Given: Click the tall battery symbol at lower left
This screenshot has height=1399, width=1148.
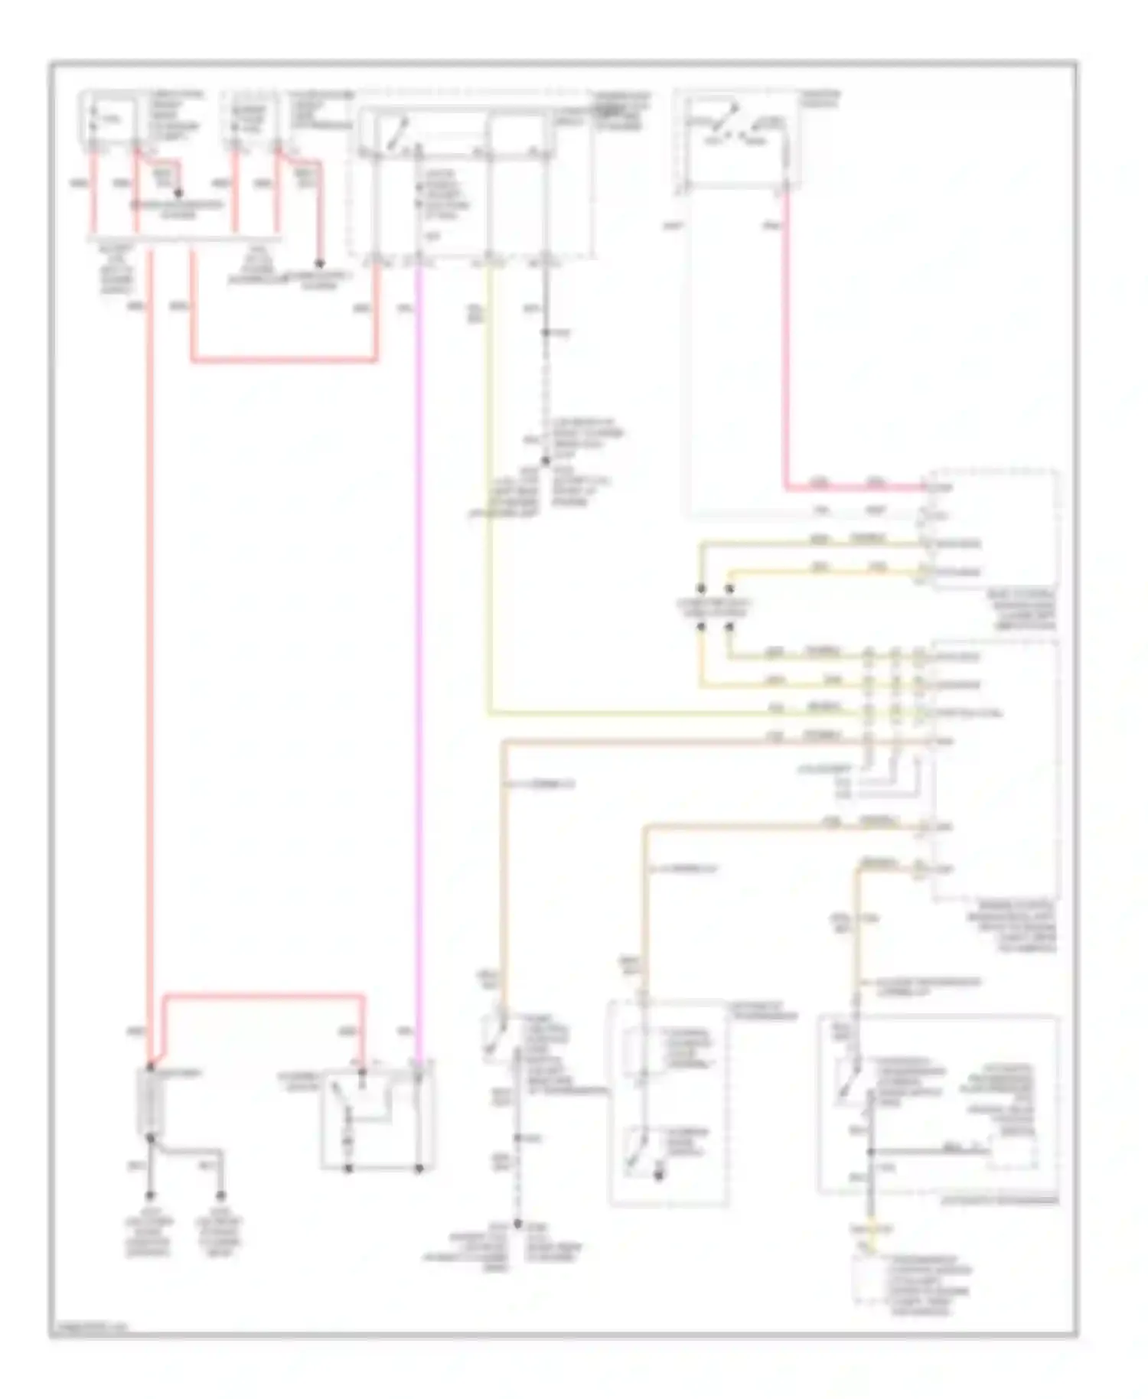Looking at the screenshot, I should [148, 1101].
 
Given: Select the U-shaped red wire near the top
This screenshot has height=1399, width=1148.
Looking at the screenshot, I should [283, 359].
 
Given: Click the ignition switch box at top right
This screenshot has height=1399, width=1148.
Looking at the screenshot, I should [737, 140].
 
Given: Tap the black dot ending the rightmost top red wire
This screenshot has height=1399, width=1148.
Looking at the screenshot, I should [321, 263].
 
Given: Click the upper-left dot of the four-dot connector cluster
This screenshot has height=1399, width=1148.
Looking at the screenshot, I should [700, 589].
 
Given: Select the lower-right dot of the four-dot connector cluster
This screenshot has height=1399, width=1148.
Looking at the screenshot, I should [729, 628].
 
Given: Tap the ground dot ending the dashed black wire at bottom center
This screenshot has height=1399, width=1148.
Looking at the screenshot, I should [517, 1224].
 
